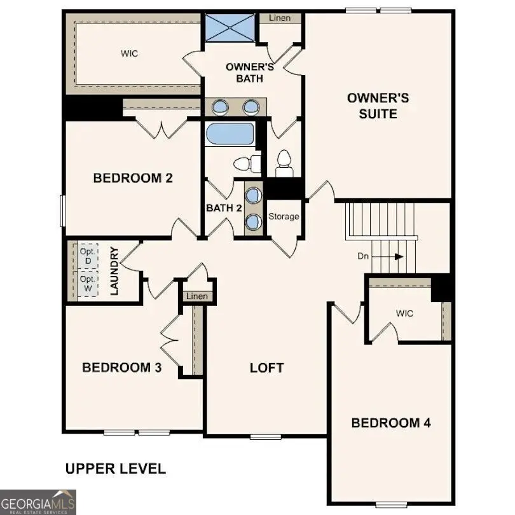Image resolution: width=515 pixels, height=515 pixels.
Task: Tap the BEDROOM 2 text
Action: click(133, 178)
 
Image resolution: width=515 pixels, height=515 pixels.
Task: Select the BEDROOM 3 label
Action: click(121, 367)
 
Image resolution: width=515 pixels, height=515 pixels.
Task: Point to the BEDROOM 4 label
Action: click(391, 423)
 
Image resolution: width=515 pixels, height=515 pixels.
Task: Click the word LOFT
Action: click(266, 367)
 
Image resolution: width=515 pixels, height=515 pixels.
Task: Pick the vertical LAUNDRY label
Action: click(115, 271)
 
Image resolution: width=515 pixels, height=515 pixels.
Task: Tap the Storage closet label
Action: click(283, 217)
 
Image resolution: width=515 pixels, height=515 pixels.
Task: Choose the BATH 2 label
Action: click(224, 208)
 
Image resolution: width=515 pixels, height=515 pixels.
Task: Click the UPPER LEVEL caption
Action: click(116, 469)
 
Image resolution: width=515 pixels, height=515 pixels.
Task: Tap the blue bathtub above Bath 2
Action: click(229, 135)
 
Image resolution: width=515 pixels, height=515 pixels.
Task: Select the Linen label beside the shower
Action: click(280, 18)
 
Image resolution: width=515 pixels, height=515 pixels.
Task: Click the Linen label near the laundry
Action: click(197, 296)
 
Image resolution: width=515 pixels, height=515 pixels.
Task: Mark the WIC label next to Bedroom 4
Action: click(404, 313)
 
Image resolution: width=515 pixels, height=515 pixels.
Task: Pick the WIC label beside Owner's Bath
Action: click(129, 54)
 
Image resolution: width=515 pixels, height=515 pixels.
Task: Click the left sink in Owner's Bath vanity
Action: click(221, 107)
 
